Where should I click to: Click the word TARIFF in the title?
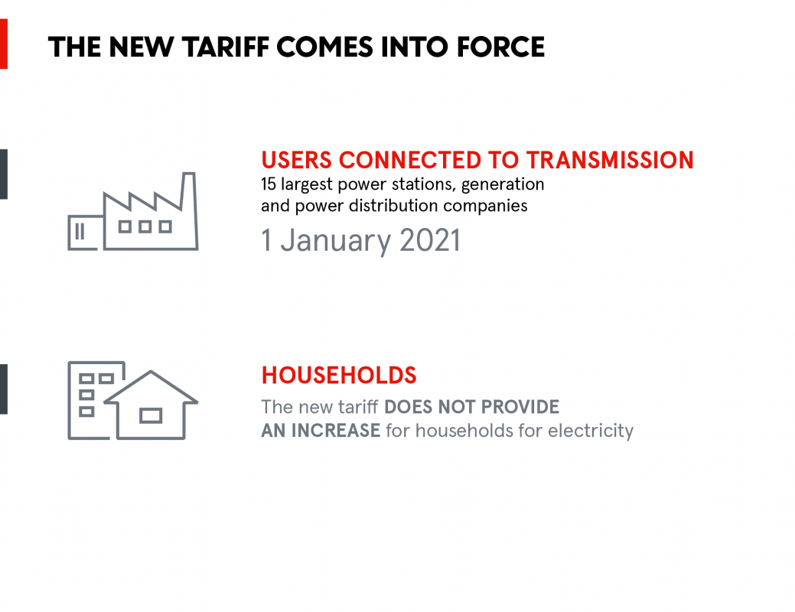(x=226, y=47)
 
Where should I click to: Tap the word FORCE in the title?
(x=500, y=47)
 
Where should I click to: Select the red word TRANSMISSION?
(x=610, y=160)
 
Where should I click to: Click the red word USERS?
(x=297, y=160)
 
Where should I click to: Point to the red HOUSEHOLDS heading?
(x=339, y=376)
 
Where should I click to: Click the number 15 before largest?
(x=269, y=184)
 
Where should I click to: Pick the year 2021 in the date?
(x=430, y=240)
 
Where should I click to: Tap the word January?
(x=336, y=241)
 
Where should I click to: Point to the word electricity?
(x=591, y=431)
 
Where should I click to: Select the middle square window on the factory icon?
(x=145, y=226)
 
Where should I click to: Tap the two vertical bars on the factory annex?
(x=80, y=232)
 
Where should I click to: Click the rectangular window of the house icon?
(x=151, y=415)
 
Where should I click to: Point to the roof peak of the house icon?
(x=151, y=372)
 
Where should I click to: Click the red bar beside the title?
(x=4, y=44)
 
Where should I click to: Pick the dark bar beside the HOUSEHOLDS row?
(x=4, y=389)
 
